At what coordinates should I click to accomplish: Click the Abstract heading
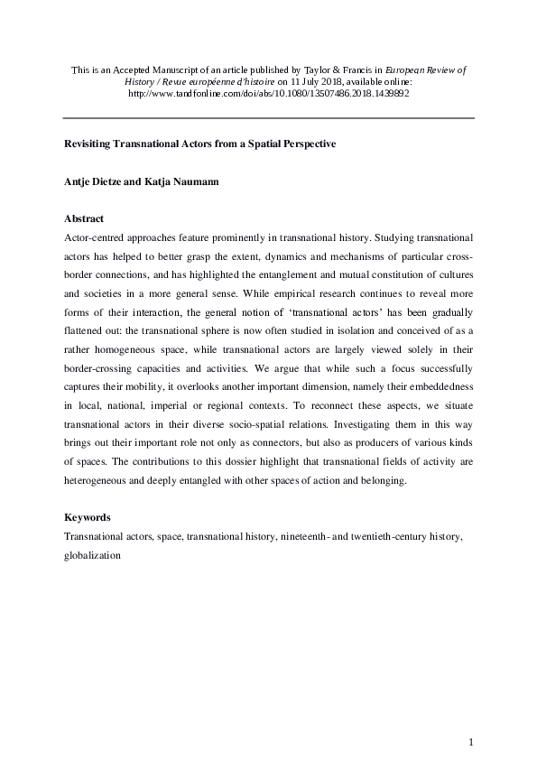click(x=85, y=218)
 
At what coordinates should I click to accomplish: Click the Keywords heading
click(x=88, y=518)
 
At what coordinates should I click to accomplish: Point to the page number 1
click(x=471, y=742)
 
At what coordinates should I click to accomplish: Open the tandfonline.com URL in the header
click(x=268, y=93)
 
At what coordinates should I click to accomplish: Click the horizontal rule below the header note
click(x=268, y=118)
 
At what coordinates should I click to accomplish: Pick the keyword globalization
click(x=92, y=557)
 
